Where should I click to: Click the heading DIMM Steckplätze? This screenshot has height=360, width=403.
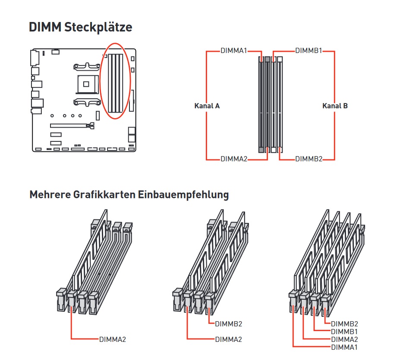pyautogui.click(x=80, y=27)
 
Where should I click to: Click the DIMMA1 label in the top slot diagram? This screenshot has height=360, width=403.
pyautogui.click(x=233, y=50)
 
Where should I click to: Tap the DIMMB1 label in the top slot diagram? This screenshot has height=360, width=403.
pyautogui.click(x=309, y=50)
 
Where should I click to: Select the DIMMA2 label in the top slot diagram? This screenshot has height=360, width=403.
pyautogui.click(x=234, y=159)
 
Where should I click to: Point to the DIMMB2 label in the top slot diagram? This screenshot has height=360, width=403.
pyautogui.click(x=309, y=159)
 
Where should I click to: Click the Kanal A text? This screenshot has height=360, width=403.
pyautogui.click(x=207, y=106)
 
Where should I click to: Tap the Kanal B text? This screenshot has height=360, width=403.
pyautogui.click(x=335, y=106)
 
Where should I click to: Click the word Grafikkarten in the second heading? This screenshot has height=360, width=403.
pyautogui.click(x=104, y=194)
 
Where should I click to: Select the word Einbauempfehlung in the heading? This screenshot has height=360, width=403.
pyautogui.click(x=183, y=194)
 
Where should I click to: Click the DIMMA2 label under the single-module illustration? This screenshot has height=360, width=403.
pyautogui.click(x=113, y=339)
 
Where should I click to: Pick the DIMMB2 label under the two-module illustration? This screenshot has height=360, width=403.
pyautogui.click(x=229, y=324)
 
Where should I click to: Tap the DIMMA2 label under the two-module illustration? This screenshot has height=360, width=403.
pyautogui.click(x=229, y=339)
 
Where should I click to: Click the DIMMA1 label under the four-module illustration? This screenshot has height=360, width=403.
pyautogui.click(x=344, y=347)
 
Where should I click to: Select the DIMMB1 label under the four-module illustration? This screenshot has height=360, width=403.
pyautogui.click(x=344, y=332)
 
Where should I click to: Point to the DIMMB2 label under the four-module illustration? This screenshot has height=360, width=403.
pyautogui.click(x=344, y=324)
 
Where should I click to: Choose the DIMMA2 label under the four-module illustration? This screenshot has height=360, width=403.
pyautogui.click(x=344, y=339)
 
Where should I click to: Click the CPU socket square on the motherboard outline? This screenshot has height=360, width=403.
pyautogui.click(x=86, y=84)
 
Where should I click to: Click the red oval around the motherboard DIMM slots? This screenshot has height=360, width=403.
pyautogui.click(x=115, y=81)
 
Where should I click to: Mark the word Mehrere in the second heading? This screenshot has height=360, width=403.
pyautogui.click(x=50, y=194)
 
